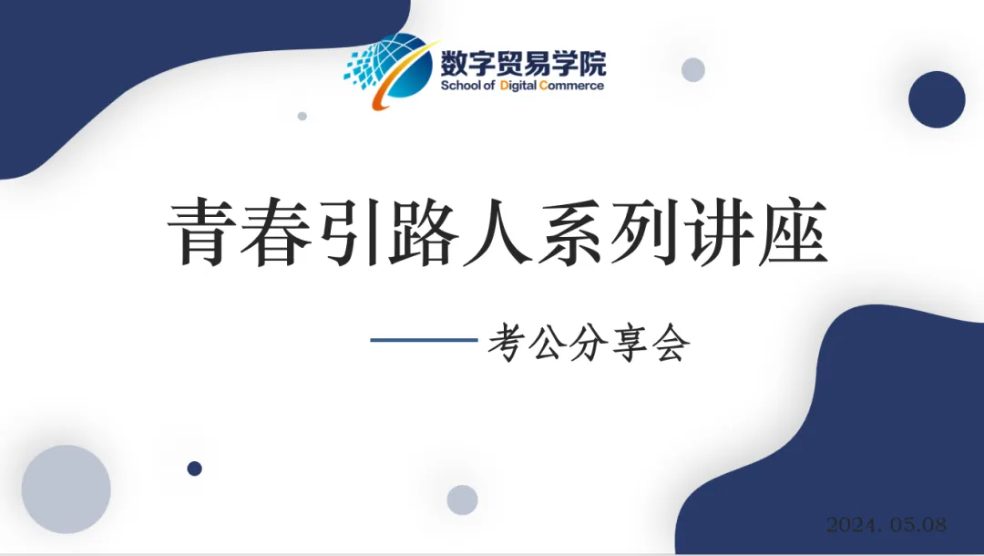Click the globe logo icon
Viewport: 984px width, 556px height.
[390, 70]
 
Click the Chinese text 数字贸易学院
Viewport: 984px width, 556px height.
[523, 64]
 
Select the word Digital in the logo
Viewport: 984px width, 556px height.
[518, 86]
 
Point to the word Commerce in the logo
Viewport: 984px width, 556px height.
[571, 86]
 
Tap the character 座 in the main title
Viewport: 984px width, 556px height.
[793, 232]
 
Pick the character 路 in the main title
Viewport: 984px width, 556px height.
[423, 232]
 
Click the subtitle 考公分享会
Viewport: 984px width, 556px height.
[589, 343]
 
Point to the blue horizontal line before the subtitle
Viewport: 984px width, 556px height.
[425, 340]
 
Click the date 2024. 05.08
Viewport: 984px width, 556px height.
[887, 525]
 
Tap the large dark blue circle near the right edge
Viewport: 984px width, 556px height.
[937, 99]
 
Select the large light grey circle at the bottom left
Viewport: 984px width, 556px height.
[66, 489]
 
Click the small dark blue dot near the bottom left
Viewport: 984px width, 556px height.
[195, 468]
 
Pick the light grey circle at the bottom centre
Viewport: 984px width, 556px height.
[463, 499]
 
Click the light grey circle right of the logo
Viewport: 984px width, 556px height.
[693, 69]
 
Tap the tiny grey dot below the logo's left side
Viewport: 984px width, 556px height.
[302, 116]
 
